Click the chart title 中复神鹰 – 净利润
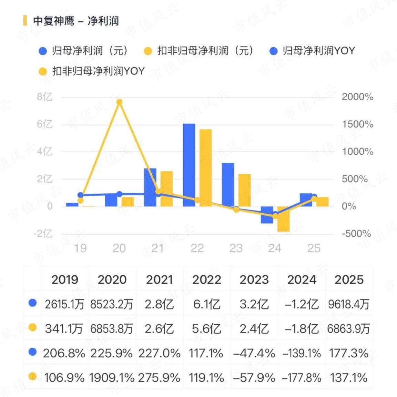click(x=76, y=21)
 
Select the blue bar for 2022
click(x=189, y=165)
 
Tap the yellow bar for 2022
click(x=205, y=168)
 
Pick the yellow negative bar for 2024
click(x=283, y=219)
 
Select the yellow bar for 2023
click(x=244, y=190)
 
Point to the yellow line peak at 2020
click(x=119, y=102)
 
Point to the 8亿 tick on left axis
click(x=45, y=97)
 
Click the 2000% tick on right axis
click(x=357, y=97)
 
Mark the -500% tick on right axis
click(x=356, y=234)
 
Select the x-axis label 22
click(x=197, y=248)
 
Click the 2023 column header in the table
click(x=254, y=279)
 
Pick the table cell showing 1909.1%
click(x=112, y=378)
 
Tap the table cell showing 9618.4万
click(x=349, y=304)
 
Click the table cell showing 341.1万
click(x=64, y=329)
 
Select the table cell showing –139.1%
click(x=302, y=353)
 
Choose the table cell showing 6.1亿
click(x=207, y=304)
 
